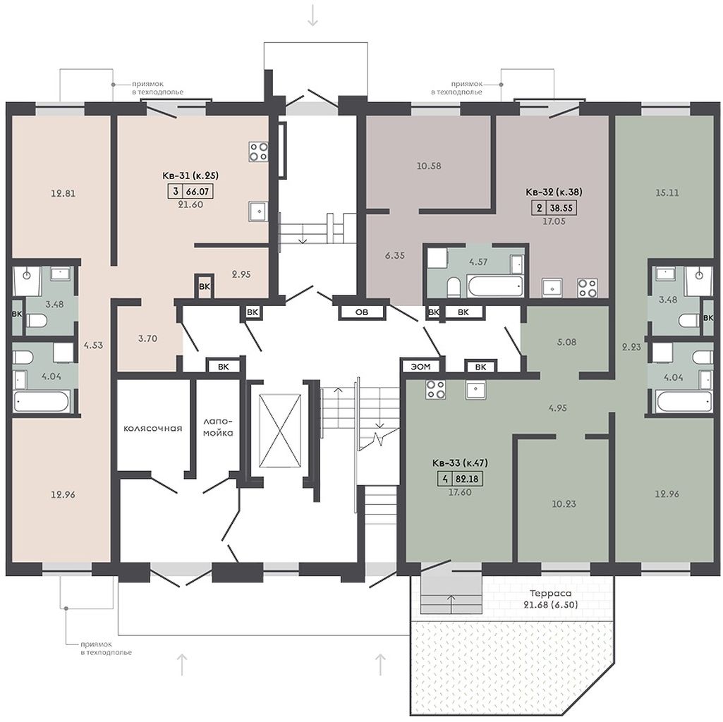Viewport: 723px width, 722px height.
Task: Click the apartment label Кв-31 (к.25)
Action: click(x=190, y=175)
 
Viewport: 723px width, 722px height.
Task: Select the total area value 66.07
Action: click(x=199, y=191)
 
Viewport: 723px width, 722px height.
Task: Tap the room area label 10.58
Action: click(x=429, y=166)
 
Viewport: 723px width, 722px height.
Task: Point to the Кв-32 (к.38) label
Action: click(x=554, y=192)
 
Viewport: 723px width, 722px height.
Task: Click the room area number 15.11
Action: click(x=667, y=192)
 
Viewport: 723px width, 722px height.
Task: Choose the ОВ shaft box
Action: click(x=362, y=312)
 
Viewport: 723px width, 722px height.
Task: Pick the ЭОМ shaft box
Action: click(x=420, y=367)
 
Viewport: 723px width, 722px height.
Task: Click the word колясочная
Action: click(x=152, y=428)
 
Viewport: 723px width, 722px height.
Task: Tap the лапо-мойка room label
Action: click(x=218, y=427)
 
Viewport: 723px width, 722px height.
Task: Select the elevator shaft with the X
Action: click(x=280, y=431)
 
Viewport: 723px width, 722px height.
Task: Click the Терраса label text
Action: click(x=551, y=594)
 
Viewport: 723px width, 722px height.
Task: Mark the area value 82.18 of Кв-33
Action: click(x=467, y=479)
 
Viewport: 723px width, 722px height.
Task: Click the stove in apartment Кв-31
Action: click(x=259, y=152)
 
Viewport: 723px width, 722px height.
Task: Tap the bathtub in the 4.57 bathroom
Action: click(x=495, y=286)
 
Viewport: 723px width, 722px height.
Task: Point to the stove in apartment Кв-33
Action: click(x=436, y=388)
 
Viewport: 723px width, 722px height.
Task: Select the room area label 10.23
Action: click(x=564, y=504)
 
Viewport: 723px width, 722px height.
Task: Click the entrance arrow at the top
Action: click(x=313, y=16)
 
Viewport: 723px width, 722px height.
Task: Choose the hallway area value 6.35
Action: click(x=395, y=255)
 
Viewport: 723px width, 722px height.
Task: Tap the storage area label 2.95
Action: click(x=241, y=274)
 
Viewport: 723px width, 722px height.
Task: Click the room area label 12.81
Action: click(x=63, y=194)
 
